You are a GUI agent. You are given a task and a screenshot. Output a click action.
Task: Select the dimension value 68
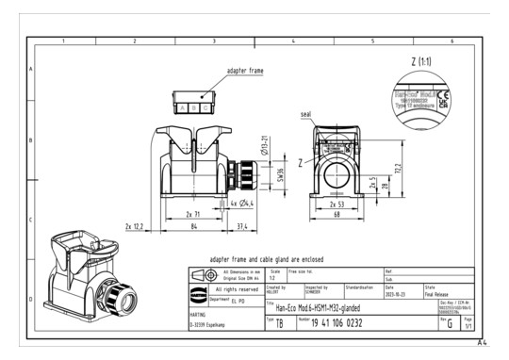coord(337,215)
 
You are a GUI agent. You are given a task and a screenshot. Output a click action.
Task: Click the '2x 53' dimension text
coord(337,203)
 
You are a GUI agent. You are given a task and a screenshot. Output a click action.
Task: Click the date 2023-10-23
coord(398,292)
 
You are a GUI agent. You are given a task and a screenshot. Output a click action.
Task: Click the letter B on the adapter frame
coord(194,107)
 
